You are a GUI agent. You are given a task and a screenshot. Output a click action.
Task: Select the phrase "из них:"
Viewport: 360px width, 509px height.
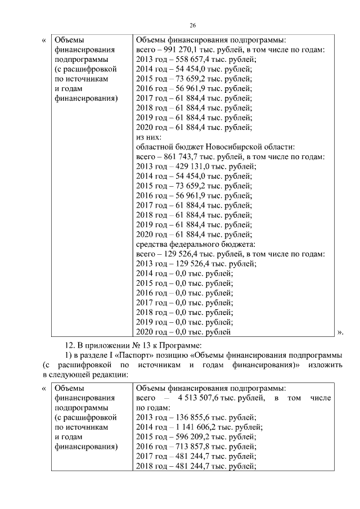149,137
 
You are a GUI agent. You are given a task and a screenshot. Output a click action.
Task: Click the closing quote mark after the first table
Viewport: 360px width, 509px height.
340,332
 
